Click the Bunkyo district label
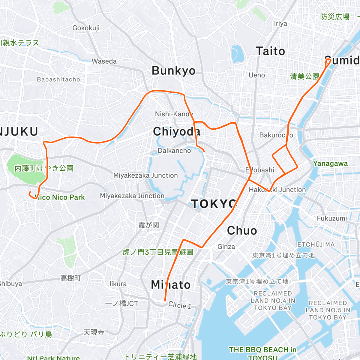click(173, 71)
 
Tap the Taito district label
click(270, 51)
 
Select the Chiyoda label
click(177, 131)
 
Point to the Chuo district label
click(242, 230)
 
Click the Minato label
click(171, 285)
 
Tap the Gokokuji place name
click(86, 28)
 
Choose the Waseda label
click(104, 61)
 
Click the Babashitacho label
click(58, 79)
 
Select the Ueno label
click(257, 75)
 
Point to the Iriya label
click(280, 24)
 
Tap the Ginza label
click(226, 247)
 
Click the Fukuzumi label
click(332, 218)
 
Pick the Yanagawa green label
click(330, 163)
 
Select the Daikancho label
click(174, 151)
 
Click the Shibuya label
click(11, 284)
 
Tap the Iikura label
click(118, 284)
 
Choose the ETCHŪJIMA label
click(316, 244)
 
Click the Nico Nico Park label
click(60, 197)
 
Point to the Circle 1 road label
click(180, 305)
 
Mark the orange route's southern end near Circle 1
click(165, 300)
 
